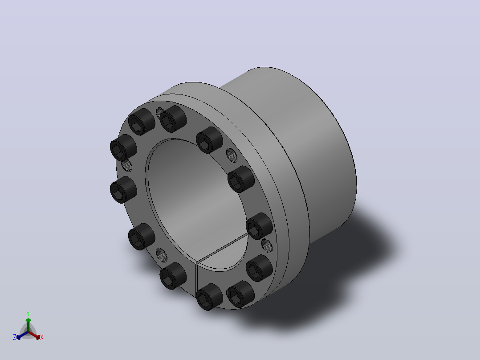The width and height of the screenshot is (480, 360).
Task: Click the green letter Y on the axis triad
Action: [x=28, y=313]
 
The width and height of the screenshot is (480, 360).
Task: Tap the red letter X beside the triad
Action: [x=42, y=337]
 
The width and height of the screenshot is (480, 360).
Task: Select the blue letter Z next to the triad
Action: [x=15, y=337]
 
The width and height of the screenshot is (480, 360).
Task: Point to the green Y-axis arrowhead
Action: [x=28, y=320]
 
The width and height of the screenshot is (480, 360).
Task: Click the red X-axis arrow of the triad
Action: [x=34, y=335]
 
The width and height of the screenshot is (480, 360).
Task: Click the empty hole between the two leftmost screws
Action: [x=127, y=166]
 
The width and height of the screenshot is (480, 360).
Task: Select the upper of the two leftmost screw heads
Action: [x=123, y=147]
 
